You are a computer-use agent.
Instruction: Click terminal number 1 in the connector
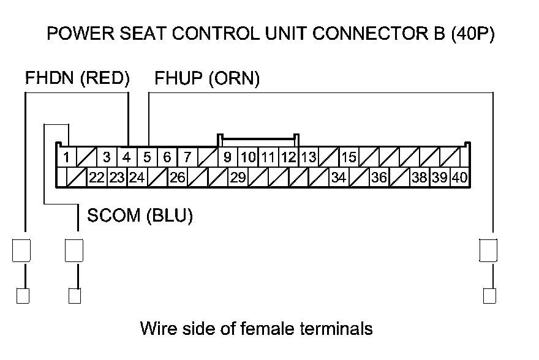(x=66, y=157)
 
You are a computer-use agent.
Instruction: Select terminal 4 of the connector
(x=127, y=157)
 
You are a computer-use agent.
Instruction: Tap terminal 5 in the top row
(x=147, y=157)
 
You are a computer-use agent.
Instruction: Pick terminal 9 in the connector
(x=227, y=157)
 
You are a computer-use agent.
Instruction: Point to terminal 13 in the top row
(x=308, y=157)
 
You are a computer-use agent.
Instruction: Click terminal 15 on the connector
(x=349, y=157)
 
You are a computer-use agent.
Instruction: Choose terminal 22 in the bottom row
(x=97, y=178)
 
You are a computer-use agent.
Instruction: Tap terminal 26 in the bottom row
(x=178, y=178)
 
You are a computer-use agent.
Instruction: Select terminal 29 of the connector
(x=238, y=178)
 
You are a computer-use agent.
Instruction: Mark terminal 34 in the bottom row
(x=338, y=178)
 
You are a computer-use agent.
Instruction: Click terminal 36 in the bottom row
(x=379, y=178)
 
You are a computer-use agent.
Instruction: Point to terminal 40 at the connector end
(x=459, y=178)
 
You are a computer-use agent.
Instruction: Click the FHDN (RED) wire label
(x=78, y=78)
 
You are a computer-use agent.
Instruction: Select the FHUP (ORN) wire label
(x=207, y=78)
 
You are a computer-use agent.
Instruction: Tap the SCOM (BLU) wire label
(x=140, y=216)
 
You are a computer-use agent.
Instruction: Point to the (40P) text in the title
(x=472, y=34)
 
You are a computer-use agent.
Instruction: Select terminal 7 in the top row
(x=187, y=157)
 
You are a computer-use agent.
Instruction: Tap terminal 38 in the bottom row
(x=419, y=178)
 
